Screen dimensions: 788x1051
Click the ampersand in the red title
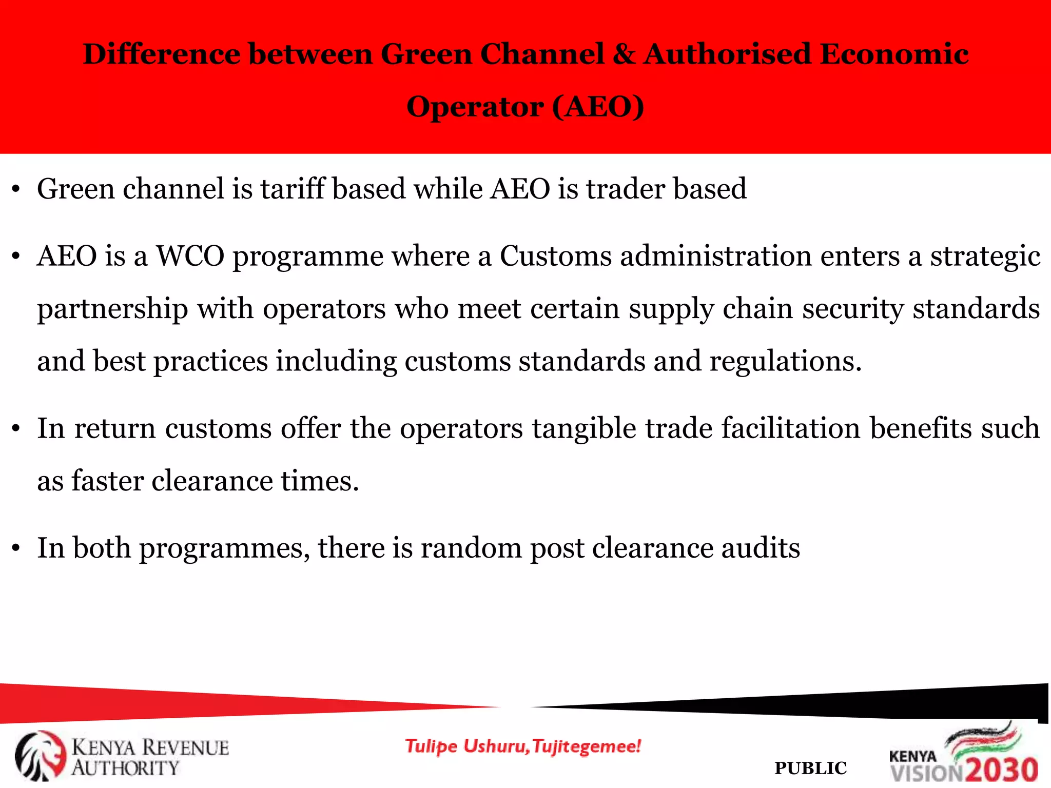[624, 54]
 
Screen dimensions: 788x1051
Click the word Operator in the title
[475, 107]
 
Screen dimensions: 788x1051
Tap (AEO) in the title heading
[598, 107]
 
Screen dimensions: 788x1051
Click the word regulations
[785, 361]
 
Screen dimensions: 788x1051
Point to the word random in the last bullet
[471, 548]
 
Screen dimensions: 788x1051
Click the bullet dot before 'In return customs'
[16, 429]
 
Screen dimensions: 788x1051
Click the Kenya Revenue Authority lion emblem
[40, 756]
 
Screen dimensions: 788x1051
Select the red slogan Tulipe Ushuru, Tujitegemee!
[523, 746]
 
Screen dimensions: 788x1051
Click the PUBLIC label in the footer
[810, 769]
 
